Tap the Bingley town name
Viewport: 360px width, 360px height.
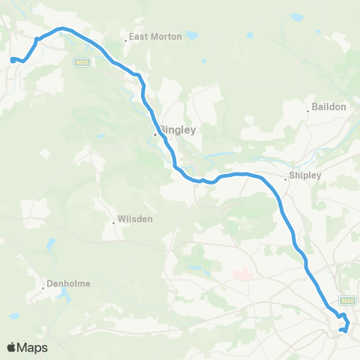coord(178,129)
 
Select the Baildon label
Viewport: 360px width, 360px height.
coord(330,107)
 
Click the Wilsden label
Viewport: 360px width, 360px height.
coord(136,220)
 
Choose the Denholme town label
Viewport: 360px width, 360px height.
coord(69,284)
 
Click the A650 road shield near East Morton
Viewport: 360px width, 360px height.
coord(82,62)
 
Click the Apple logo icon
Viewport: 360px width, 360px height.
coord(13,347)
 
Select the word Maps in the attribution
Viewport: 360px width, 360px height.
coord(33,347)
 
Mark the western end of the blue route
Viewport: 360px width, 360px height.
coord(11,59)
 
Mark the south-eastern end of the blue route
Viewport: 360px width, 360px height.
coord(340,330)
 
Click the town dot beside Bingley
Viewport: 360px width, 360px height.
coord(155,135)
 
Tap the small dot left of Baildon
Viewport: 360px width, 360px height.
coord(308,112)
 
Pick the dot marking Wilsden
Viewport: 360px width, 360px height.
coord(113,221)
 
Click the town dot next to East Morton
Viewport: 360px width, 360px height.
coord(126,40)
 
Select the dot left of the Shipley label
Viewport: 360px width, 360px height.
coord(286,178)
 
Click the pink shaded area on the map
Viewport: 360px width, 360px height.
coord(241,274)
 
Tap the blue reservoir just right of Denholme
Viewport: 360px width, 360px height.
coord(64,294)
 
